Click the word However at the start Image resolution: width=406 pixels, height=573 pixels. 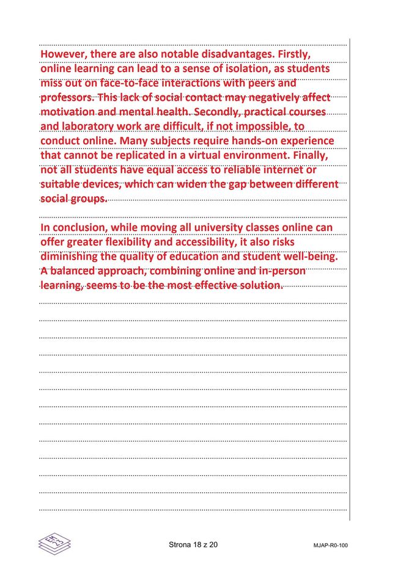click(62, 54)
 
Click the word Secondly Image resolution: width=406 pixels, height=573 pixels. click(218, 112)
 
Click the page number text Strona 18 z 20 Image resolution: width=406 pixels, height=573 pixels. click(193, 544)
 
